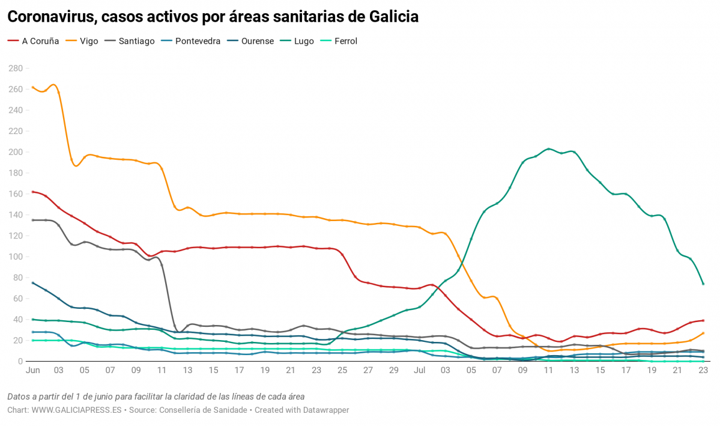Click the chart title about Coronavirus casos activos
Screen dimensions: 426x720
[x=213, y=17]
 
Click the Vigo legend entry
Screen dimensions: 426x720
[x=89, y=41]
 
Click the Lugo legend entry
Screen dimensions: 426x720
[x=304, y=41]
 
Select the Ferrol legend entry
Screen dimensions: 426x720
[x=345, y=41]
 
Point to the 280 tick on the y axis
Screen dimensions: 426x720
[x=15, y=68]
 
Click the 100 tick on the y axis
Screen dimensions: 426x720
[x=15, y=257]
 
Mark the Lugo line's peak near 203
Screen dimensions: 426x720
[x=548, y=149]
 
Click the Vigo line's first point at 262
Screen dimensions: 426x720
[x=32, y=87]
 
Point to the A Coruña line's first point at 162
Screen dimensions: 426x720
[x=32, y=192]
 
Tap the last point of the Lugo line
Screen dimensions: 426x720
[x=703, y=284]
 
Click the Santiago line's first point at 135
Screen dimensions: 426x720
[x=32, y=220]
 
